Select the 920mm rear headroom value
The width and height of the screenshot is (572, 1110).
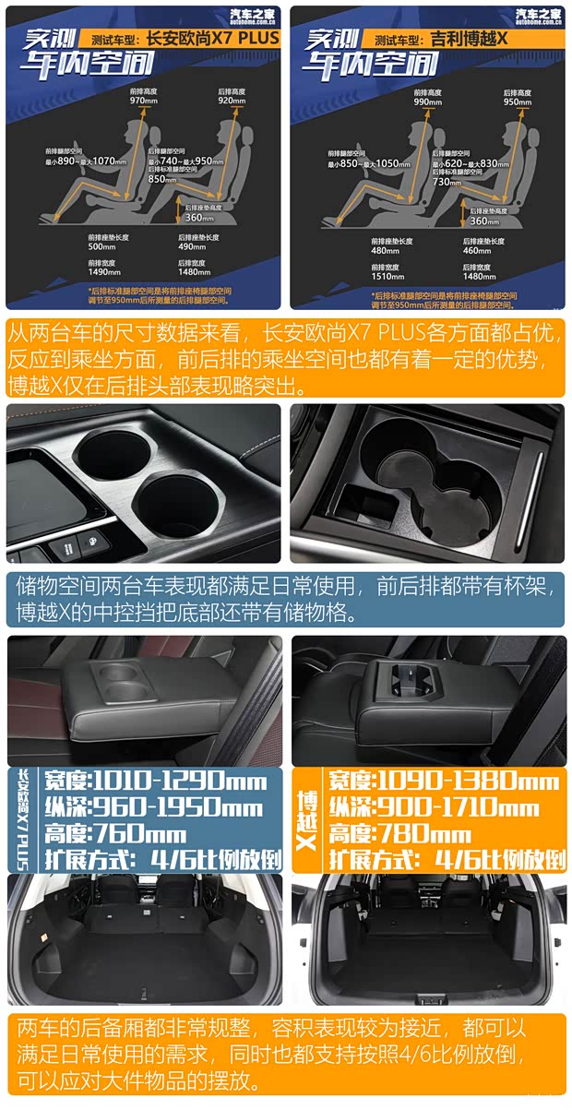click(231, 101)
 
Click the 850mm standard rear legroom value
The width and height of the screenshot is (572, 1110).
click(162, 179)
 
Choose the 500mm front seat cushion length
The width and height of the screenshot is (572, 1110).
click(101, 246)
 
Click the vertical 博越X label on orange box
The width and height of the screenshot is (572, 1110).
click(306, 819)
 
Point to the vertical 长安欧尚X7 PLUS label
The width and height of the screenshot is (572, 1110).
click(21, 819)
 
